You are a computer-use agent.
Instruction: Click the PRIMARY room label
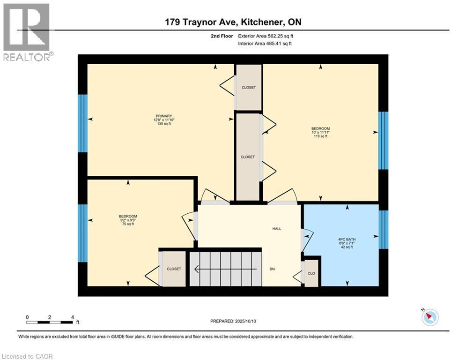point(164,116)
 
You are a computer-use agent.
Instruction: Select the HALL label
point(277,229)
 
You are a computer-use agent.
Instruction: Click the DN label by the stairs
point(272,269)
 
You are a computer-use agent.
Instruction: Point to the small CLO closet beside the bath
point(311,273)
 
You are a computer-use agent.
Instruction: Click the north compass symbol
point(429,317)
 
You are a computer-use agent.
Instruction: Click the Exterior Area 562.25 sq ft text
point(266,36)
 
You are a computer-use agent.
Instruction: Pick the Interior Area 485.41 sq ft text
point(266,44)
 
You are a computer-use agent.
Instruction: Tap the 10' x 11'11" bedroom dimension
point(321,132)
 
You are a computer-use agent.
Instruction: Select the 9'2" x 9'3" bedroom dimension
point(128,220)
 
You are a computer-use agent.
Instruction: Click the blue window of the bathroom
point(383,229)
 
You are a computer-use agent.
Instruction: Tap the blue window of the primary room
point(82,123)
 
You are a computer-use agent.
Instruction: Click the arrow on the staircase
point(225,269)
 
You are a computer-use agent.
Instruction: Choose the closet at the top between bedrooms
point(248,87)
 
